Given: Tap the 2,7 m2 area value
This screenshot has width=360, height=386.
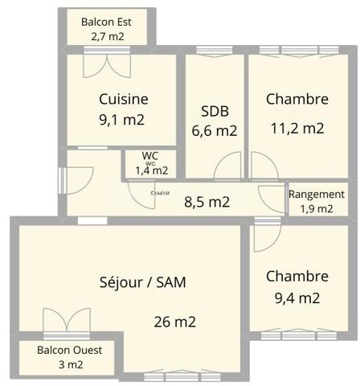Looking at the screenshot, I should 108,36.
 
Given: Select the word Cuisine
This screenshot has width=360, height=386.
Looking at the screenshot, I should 123,99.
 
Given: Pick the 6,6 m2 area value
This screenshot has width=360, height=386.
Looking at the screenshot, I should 215,130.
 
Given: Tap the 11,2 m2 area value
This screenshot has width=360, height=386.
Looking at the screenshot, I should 297,127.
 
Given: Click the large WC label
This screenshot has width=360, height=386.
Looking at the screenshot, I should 150,155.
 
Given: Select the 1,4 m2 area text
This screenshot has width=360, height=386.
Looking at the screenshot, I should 151,170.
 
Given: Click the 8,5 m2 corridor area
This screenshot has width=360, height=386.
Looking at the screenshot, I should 207,202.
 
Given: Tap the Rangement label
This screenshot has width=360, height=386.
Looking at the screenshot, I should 317,195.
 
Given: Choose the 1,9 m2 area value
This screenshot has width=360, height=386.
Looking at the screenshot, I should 317,208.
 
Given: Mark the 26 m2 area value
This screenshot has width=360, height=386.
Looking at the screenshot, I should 175,322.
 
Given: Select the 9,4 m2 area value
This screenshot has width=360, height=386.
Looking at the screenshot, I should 297,298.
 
